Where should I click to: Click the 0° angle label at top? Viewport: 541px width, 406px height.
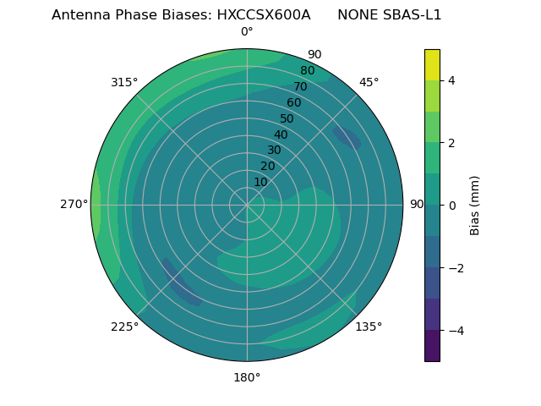click(x=247, y=32)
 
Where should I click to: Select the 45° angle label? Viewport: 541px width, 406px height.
click(x=369, y=82)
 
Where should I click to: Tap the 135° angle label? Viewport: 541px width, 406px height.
click(x=369, y=326)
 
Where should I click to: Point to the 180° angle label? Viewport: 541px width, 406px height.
click(x=247, y=377)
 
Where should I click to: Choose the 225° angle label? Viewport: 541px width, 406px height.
click(x=124, y=326)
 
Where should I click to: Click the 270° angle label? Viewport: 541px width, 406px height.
click(x=74, y=205)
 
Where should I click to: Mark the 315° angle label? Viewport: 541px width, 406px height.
click(x=124, y=82)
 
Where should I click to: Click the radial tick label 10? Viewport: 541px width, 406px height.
click(x=260, y=182)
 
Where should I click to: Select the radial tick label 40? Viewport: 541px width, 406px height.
click(x=281, y=134)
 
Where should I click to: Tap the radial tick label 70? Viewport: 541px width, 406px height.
click(x=300, y=86)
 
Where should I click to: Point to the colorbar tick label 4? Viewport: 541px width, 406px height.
click(x=451, y=80)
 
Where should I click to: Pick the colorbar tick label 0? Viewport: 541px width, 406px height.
click(x=451, y=206)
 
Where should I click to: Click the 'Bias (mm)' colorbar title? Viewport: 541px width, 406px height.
click(x=475, y=206)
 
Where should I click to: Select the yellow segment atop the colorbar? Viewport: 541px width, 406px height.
click(x=432, y=64)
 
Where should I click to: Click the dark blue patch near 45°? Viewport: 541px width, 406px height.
click(x=347, y=139)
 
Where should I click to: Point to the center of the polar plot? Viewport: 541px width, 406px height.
click(x=247, y=205)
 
